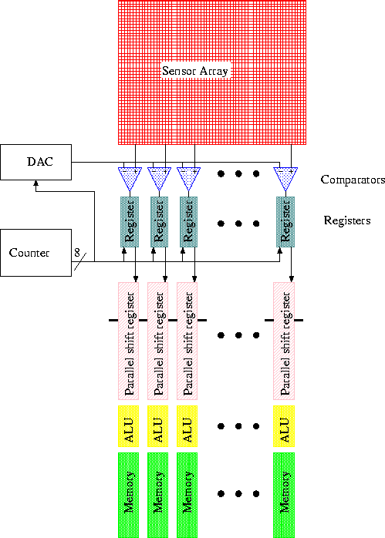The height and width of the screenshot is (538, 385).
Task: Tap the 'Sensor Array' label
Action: (x=198, y=71)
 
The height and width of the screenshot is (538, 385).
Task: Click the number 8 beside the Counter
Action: (x=77, y=252)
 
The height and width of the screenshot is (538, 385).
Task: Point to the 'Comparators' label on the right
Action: (x=352, y=180)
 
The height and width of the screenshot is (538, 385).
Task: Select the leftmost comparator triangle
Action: (x=129, y=177)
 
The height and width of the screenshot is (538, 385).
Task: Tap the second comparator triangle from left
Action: (x=158, y=177)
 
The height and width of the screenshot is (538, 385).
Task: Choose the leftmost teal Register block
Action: (x=129, y=222)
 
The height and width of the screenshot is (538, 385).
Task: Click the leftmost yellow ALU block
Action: (x=129, y=425)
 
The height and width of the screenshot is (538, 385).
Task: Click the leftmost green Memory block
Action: (x=129, y=494)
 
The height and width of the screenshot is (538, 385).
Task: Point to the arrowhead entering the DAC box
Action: (x=35, y=183)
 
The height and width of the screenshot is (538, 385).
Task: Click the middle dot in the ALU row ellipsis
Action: (x=238, y=425)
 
